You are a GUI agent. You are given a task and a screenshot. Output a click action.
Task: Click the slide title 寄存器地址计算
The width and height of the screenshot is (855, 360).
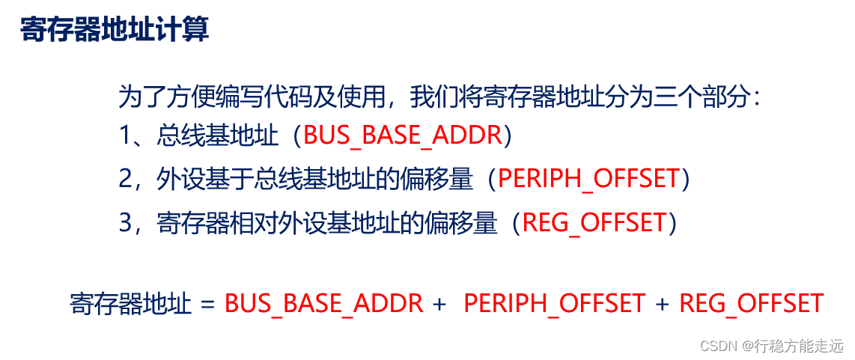point(115,30)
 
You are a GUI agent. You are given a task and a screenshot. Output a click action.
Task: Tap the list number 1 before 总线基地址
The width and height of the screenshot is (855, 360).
point(125,135)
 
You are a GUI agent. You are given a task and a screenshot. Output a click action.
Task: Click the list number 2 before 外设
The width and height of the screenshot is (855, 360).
point(126,179)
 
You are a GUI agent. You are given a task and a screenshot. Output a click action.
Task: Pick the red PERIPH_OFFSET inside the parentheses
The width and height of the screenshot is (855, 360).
point(588,179)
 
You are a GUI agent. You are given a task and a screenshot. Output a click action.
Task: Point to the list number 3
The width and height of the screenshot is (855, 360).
point(126,222)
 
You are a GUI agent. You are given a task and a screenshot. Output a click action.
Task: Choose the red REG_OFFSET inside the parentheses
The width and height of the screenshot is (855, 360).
point(594,222)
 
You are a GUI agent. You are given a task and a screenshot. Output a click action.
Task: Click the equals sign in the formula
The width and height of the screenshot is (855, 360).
point(207,304)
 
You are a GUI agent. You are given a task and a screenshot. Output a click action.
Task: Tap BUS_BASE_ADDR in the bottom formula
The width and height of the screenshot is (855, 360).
point(324,304)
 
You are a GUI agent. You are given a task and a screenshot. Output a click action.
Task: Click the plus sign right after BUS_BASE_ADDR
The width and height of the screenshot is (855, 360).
point(439,304)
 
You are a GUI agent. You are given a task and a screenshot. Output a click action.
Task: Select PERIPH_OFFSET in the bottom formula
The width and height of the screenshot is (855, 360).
point(554,304)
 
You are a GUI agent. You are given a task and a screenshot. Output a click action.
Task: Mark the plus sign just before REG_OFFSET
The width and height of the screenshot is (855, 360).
point(662,304)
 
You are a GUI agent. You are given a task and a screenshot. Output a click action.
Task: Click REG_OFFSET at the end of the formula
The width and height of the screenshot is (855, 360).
point(751,304)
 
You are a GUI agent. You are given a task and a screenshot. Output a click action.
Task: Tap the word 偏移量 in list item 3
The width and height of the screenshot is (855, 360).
point(469,222)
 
